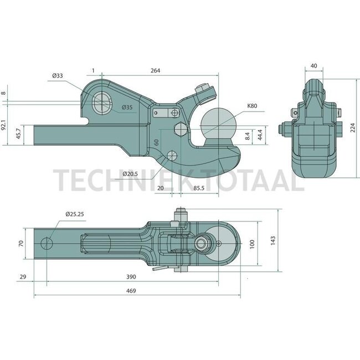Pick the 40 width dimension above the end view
[313, 66]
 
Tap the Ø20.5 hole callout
[131, 173]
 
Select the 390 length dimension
[132, 276]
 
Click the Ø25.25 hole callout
[74, 213]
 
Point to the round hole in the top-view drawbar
[47, 243]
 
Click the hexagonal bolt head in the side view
[180, 131]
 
